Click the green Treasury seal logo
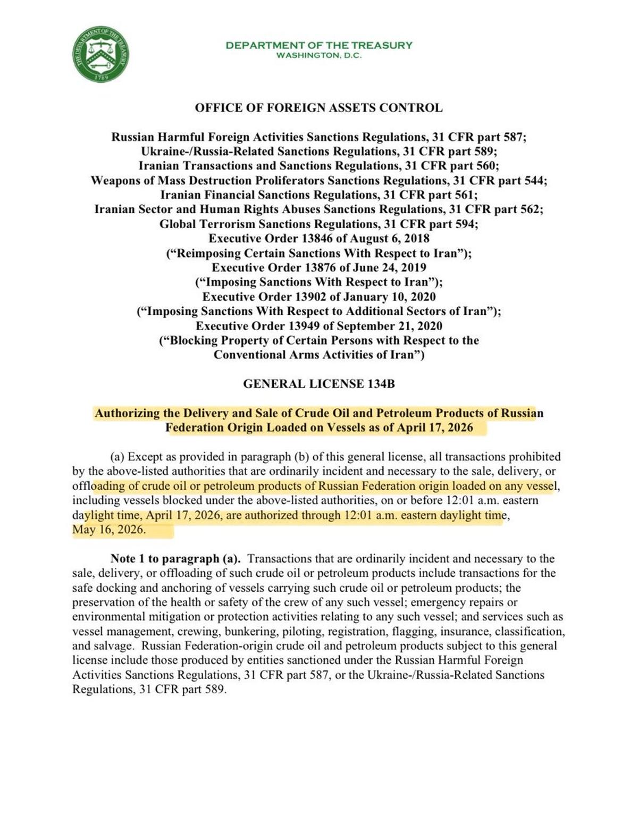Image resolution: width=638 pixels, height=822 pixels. [101, 55]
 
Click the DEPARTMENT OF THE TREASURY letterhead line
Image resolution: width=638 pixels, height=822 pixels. [319, 45]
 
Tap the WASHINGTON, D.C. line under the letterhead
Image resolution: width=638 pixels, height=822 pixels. [319, 55]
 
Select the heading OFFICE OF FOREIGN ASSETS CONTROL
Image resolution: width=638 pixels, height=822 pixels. [319, 108]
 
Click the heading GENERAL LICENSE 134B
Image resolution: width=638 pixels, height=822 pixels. [319, 383]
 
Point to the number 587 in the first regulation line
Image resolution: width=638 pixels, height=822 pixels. [513, 137]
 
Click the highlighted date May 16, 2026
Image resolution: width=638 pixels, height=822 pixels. [108, 530]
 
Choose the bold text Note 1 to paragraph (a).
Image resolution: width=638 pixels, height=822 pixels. [175, 559]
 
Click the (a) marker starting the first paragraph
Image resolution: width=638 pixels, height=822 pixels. [117, 457]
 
